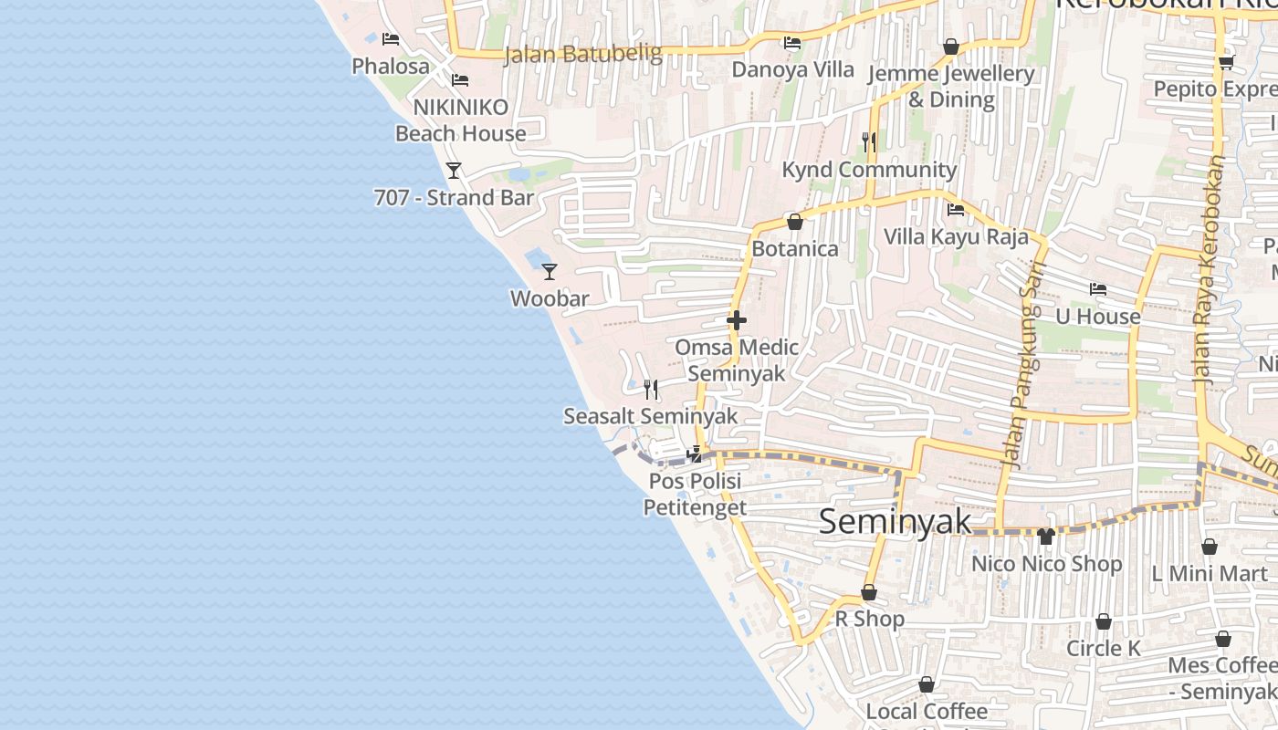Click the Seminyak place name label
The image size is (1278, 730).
[895, 522]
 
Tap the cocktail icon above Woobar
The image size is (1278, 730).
[550, 271]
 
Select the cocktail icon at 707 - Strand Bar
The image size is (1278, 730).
[454, 170]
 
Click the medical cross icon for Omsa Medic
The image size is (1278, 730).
[737, 320]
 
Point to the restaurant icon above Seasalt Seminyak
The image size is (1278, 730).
[651, 390]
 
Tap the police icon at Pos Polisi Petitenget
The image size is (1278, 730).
[696, 454]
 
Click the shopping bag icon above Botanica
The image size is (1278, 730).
[795, 222]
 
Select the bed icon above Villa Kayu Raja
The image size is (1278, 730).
[956, 209]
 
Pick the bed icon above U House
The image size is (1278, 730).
[1098, 289]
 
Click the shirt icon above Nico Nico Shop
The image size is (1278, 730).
[1046, 537]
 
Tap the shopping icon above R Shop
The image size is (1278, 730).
[869, 592]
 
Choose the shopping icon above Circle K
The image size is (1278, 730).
[1104, 621]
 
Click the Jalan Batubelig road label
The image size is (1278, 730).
[583, 54]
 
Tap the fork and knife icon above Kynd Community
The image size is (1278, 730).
[869, 141]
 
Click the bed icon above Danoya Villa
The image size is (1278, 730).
[792, 42]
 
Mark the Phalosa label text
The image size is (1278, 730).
[391, 67]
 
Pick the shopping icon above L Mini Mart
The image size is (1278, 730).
[1210, 547]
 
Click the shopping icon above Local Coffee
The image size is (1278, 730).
[927, 684]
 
